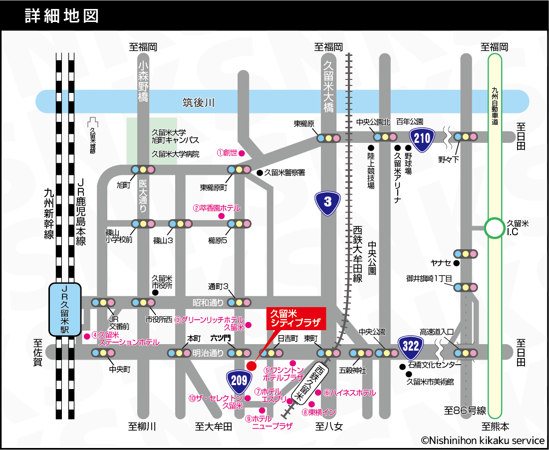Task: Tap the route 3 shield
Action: (327, 201)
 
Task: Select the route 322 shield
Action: (411, 346)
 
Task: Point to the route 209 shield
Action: (240, 380)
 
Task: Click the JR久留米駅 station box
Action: (65, 310)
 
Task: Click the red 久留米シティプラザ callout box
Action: (296, 319)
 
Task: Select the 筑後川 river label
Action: (198, 103)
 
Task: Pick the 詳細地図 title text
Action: (61, 16)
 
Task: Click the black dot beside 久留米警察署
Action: (260, 173)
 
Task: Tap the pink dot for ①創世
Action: (241, 153)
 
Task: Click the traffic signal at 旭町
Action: (143, 170)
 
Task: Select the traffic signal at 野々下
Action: (466, 137)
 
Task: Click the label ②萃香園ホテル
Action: (217, 208)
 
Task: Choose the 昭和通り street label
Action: (208, 303)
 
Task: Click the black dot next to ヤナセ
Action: (456, 263)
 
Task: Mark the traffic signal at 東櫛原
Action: (328, 138)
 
